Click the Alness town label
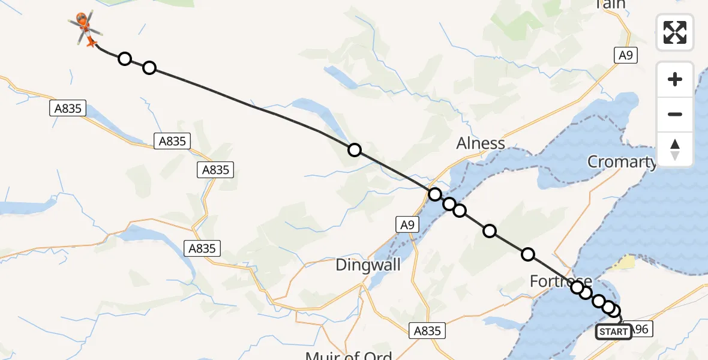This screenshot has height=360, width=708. coord(481,143)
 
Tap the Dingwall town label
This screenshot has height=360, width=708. coord(365,265)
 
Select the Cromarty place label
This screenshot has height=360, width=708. coord(622,161)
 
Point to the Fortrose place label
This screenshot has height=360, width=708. coord(560,281)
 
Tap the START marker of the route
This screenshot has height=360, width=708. coord(613,332)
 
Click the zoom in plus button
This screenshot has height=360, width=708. coord(675,79)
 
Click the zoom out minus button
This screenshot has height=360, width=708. coord(675,114)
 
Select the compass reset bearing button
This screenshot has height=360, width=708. coord(675,149)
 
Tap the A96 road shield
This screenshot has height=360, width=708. coord(640,329)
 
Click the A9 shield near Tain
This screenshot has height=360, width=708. coord(625,56)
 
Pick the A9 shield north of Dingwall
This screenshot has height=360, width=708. coord(406,225)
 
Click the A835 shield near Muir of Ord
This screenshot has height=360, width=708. coord(427,330)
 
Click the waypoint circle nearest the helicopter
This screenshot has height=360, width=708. coord(125,58)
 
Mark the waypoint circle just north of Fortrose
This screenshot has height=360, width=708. coord(528,254)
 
